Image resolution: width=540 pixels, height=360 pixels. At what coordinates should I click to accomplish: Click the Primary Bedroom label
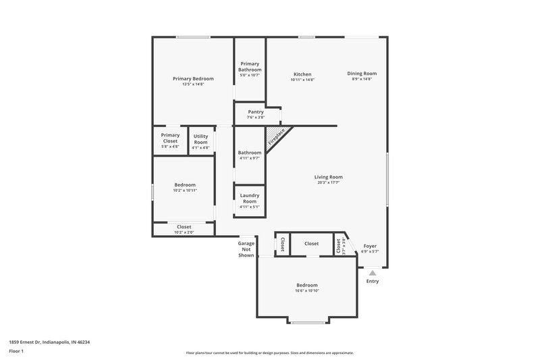click(193, 78)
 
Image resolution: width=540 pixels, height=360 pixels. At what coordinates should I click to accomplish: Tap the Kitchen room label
click(302, 74)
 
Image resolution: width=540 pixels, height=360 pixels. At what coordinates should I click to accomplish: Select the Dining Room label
click(362, 74)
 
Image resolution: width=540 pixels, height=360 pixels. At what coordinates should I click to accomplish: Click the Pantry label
click(255, 111)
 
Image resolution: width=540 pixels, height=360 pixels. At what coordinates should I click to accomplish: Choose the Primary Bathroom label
click(250, 66)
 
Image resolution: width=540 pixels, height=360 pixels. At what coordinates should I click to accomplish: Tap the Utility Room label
click(200, 139)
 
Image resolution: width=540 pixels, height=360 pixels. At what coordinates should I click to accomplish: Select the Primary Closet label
click(170, 138)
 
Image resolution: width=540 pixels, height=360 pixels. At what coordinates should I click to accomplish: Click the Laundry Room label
click(250, 199)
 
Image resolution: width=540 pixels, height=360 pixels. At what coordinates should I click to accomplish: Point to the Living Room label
click(327, 177)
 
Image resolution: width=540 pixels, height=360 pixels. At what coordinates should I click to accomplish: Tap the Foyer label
click(370, 246)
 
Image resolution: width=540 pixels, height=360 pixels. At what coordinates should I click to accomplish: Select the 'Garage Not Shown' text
click(246, 249)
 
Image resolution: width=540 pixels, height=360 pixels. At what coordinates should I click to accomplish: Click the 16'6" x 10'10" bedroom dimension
click(306, 291)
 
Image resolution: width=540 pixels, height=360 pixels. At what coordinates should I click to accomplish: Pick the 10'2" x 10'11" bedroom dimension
click(185, 190)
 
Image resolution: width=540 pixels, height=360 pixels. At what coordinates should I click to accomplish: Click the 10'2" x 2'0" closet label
click(184, 232)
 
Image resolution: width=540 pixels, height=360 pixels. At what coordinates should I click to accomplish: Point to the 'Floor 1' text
click(16, 352)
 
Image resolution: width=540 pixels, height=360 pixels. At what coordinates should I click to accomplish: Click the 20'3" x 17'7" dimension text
click(327, 182)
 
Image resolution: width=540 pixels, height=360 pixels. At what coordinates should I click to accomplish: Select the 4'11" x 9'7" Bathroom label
click(250, 158)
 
